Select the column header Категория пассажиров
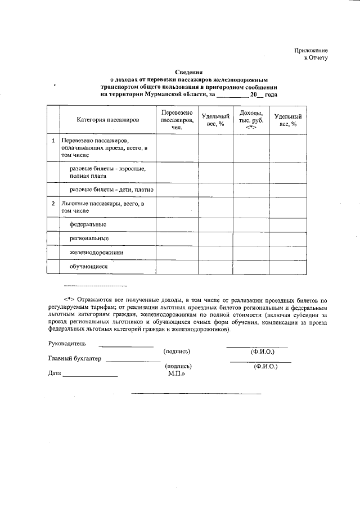coord(107,120)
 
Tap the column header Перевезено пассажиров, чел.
coord(177,120)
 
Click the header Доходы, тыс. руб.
coord(251,120)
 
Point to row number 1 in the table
coord(53,140)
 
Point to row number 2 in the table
coord(53,203)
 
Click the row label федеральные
coord(88,224)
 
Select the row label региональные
coord(89,239)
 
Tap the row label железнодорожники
coord(96,253)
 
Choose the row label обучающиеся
coord(88,267)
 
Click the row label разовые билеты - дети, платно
coord(111,190)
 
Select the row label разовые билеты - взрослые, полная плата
coord(107,172)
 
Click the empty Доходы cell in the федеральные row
coord(251,224)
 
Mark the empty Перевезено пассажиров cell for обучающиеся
coord(177,267)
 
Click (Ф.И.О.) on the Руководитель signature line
coord(262,352)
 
